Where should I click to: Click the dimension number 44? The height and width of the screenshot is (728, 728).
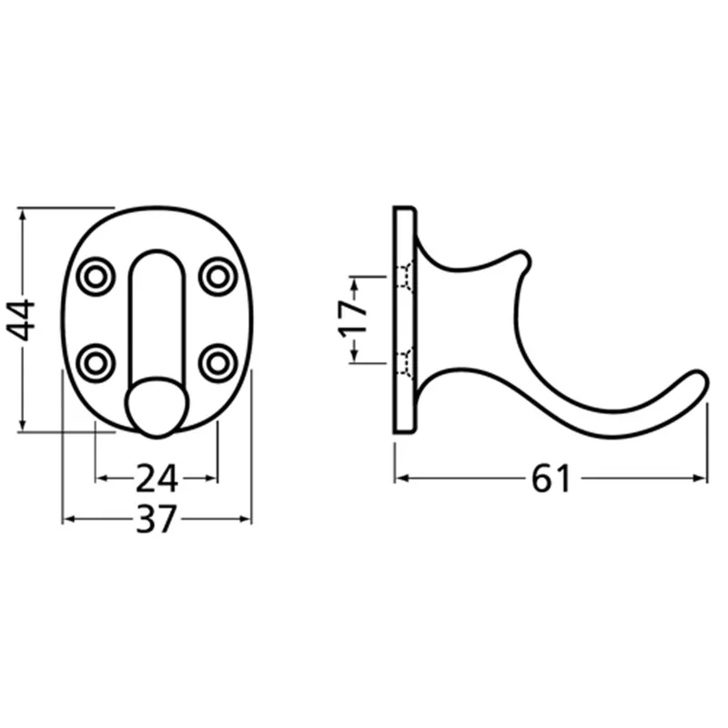click(21, 320)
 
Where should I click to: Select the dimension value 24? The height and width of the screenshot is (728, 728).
click(157, 479)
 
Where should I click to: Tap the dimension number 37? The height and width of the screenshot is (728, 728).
click(157, 519)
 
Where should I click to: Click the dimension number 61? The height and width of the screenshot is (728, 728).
click(551, 479)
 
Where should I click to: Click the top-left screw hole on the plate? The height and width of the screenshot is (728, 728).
click(96, 277)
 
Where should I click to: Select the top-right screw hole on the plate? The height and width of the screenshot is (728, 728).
click(217, 277)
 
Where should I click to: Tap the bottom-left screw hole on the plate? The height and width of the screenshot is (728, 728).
click(96, 363)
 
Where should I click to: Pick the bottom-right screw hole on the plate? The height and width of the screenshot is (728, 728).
click(217, 363)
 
